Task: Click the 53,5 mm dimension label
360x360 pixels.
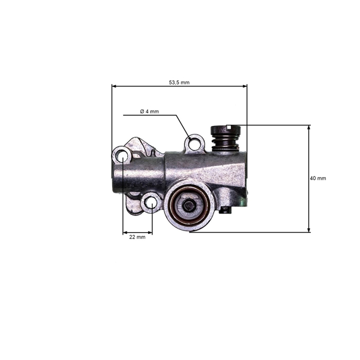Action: [179, 82]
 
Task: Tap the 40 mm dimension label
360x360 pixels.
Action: [318, 178]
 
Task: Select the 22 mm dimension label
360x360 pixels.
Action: [137, 237]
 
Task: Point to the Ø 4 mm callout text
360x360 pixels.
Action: [149, 112]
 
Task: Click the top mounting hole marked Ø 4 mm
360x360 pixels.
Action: [193, 142]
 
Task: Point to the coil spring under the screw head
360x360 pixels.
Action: [226, 143]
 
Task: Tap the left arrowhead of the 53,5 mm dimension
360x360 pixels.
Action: [114, 86]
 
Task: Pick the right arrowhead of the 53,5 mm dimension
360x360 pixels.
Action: [245, 86]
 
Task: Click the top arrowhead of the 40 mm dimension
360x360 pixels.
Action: [309, 127]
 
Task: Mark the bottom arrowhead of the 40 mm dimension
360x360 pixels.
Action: [309, 230]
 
